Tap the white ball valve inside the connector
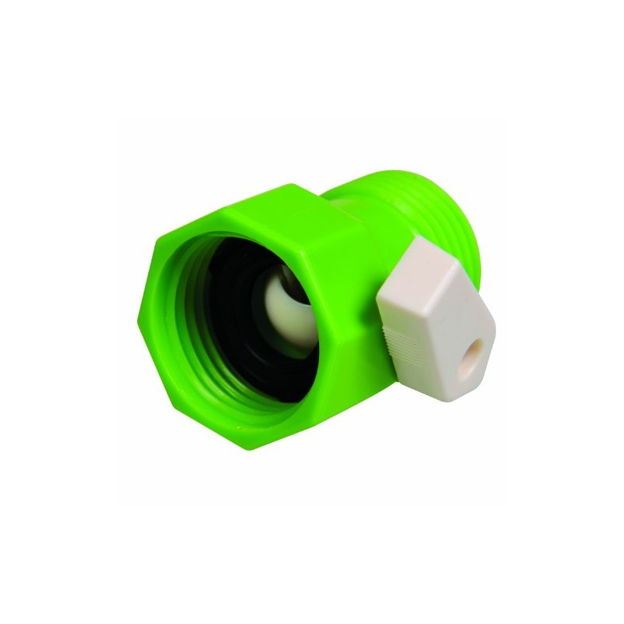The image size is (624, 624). (278, 307)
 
